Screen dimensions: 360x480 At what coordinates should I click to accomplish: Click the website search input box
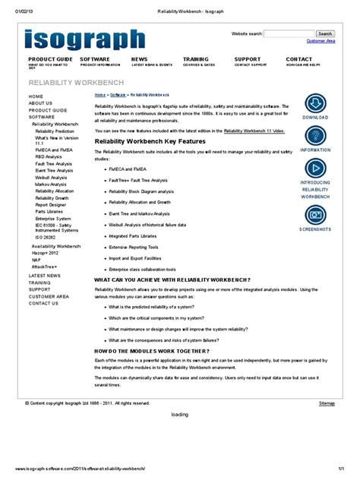coord(289,33)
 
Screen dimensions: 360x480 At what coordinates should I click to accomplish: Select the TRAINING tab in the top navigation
coord(196,59)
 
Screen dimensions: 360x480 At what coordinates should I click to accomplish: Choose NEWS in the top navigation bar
coord(140,59)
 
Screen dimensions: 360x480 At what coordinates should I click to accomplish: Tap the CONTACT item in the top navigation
coord(298,59)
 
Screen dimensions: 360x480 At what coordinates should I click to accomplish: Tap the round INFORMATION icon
coord(315,137)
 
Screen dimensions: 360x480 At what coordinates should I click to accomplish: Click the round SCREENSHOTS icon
coord(315,213)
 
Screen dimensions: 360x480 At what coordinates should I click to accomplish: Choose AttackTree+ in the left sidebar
coord(45,267)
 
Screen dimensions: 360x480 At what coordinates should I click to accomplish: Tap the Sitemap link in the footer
coord(327,403)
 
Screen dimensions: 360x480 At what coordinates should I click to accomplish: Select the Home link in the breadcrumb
coord(99,95)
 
